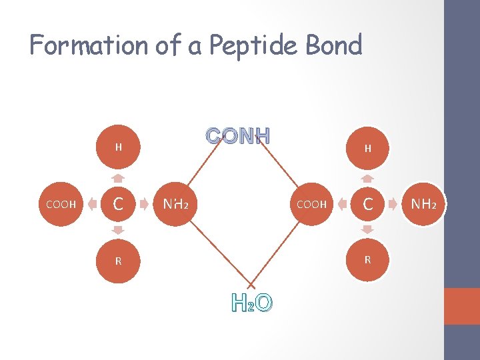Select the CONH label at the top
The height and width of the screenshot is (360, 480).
tap(238, 136)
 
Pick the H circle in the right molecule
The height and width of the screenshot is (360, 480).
tap(367, 149)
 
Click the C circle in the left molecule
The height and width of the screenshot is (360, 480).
tap(118, 204)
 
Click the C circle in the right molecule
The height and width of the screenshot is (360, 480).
tap(367, 204)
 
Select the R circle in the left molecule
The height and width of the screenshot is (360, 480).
tap(118, 261)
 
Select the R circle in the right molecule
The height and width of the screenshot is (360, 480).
tap(367, 259)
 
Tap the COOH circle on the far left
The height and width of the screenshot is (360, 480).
tap(61, 204)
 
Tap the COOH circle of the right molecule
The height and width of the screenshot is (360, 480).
tap(311, 204)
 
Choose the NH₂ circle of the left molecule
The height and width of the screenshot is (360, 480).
tap(175, 204)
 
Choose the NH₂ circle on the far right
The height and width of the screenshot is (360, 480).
tap(424, 204)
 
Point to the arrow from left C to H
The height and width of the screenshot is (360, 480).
tap(118, 177)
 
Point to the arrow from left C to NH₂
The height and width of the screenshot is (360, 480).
tap(146, 204)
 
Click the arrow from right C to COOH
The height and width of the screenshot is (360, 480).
tap(339, 204)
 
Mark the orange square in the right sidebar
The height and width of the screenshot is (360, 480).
tap(462, 306)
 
